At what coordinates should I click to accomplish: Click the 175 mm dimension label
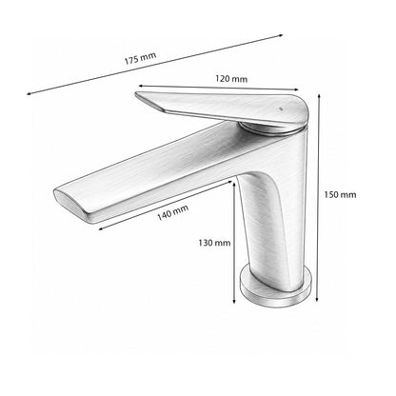[x=140, y=58]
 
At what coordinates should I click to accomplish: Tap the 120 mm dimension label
[x=231, y=79]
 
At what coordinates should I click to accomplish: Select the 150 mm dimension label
[x=340, y=194]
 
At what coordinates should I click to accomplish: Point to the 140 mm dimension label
[x=173, y=212]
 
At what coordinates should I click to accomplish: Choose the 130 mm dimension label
[x=214, y=243]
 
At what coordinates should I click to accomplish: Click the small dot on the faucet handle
[x=280, y=109]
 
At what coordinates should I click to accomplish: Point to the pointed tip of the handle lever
[x=136, y=93]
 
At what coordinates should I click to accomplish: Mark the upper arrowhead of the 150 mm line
[x=319, y=95]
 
